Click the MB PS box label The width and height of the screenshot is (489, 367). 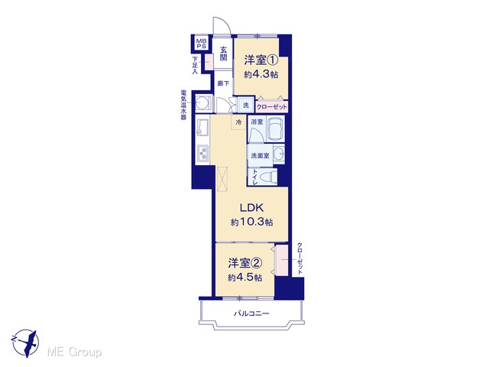coord(201,43)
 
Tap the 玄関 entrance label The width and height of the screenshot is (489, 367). coord(223,54)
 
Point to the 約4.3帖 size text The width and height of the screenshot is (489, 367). coord(261,75)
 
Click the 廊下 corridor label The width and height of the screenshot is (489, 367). coord(223,83)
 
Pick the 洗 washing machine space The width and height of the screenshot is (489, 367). coord(246,106)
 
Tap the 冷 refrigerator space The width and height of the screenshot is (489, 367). coord(239,122)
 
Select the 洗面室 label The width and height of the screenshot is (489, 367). coord(260,155)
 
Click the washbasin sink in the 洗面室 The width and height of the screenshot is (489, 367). coord(279,154)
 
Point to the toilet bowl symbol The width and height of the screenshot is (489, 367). coord(268,177)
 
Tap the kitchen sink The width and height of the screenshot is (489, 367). coord(202,128)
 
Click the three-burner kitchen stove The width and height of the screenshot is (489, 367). coord(202,154)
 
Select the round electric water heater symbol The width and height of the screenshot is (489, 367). coord(204,102)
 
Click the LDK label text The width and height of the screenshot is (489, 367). coord(251,207)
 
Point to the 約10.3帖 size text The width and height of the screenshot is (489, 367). coord(252,222)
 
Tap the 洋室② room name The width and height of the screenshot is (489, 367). coord(244,263)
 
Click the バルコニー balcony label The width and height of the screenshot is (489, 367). coord(251,313)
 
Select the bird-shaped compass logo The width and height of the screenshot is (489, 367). coord(25,343)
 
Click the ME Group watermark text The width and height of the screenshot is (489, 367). coord(74,352)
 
